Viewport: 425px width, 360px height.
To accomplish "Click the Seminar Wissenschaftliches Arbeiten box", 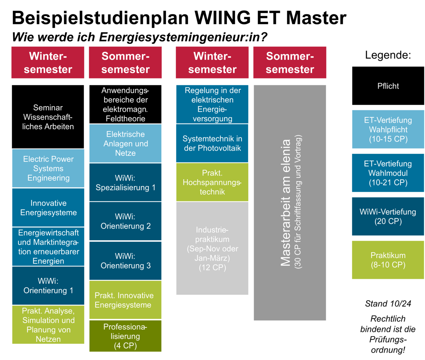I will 48,117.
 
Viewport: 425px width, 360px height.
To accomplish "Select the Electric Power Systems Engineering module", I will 48,169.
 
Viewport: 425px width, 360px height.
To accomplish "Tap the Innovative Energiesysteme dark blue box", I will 48,208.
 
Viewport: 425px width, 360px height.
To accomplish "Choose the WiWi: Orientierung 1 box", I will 48,286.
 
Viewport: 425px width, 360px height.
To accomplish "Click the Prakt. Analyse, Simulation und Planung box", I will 48,325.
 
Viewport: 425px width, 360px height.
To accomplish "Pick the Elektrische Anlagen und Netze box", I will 125,144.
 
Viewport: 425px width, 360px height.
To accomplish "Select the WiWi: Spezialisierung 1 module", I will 125,182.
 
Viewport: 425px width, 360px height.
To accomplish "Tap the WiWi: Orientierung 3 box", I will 125,261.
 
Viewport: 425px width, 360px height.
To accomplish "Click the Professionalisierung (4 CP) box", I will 125,336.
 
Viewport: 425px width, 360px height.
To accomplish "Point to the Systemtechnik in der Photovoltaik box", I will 212,143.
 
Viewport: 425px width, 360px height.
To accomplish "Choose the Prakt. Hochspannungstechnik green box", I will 212,182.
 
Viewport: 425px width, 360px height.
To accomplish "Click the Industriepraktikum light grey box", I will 212,248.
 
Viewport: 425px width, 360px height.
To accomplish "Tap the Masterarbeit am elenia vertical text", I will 286,203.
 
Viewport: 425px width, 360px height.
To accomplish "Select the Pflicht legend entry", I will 388,86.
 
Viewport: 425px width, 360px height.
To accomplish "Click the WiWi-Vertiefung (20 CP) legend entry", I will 388,216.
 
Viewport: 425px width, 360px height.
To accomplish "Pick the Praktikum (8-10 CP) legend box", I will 388,260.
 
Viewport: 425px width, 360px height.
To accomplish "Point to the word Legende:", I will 388,55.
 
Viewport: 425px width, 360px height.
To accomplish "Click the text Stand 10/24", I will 388,303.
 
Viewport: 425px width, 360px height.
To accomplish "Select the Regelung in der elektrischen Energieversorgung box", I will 212,104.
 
